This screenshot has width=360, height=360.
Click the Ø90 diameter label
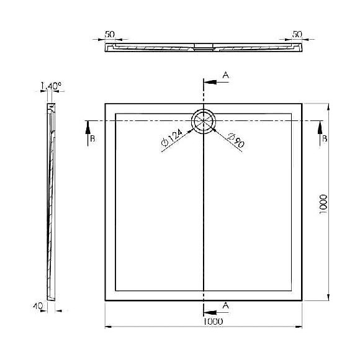point(236,142)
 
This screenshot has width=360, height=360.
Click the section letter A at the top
point(226,75)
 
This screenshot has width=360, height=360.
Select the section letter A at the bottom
point(225,305)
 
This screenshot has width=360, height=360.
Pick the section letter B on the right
point(323,139)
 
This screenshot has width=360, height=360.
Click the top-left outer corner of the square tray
point(105,103)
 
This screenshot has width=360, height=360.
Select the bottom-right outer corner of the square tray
point(303,300)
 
